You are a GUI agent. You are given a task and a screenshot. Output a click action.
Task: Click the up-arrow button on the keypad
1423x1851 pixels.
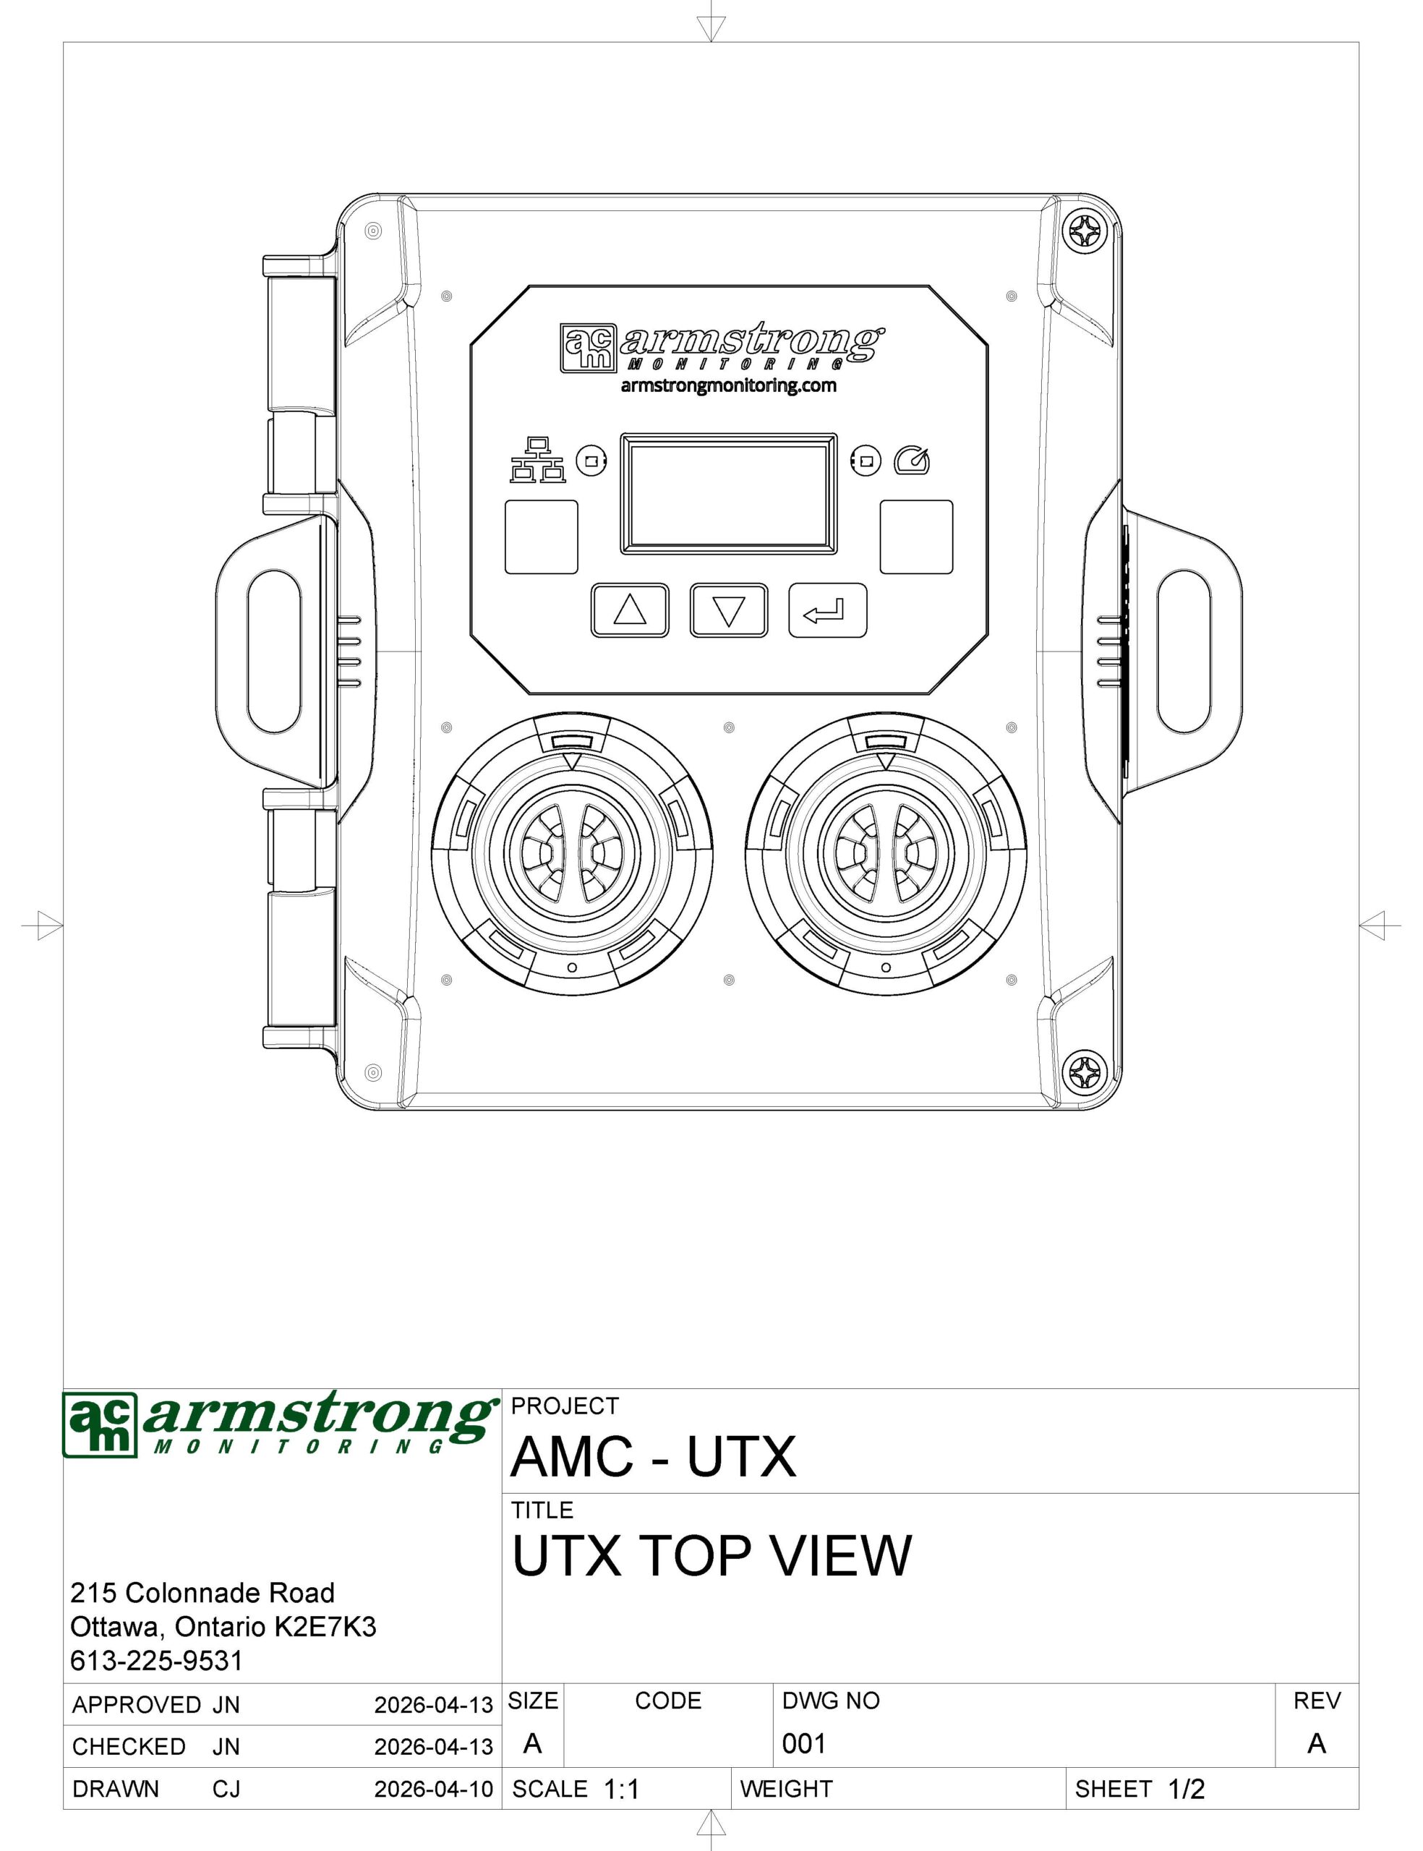pyautogui.click(x=629, y=610)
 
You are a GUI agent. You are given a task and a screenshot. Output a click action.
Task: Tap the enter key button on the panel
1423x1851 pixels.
pyautogui.click(x=827, y=610)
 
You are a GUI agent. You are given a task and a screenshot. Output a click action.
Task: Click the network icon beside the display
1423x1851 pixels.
pyautogui.click(x=537, y=460)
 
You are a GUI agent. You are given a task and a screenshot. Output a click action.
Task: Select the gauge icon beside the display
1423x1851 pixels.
pyautogui.click(x=913, y=459)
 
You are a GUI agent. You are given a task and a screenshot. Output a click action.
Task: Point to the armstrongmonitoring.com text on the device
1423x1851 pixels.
pyautogui.click(x=728, y=386)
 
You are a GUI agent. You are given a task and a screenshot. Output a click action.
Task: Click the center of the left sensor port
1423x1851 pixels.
pyautogui.click(x=572, y=851)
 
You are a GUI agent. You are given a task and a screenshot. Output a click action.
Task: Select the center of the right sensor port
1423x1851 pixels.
pyautogui.click(x=886, y=851)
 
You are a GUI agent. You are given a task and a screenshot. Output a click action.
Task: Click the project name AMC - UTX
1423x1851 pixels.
pyautogui.click(x=653, y=1455)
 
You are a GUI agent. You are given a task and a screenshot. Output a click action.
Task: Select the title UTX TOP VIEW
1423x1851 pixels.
pyautogui.click(x=711, y=1555)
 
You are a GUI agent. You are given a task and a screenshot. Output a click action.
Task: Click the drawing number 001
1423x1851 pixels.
pyautogui.click(x=804, y=1743)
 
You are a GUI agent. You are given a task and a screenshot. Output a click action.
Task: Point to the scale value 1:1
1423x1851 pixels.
pyautogui.click(x=622, y=1790)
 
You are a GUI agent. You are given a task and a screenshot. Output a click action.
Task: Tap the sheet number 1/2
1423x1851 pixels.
pyautogui.click(x=1186, y=1790)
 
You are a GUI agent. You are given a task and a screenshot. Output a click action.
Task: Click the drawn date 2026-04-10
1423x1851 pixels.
pyautogui.click(x=434, y=1790)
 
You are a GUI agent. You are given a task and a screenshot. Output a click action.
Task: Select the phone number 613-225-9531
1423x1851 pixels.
pyautogui.click(x=157, y=1661)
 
